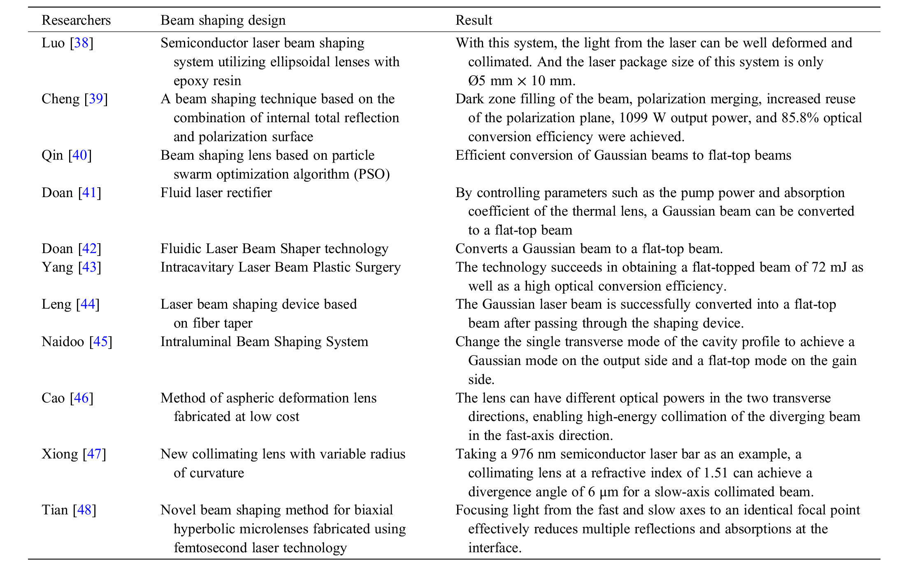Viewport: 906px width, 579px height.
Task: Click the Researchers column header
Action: point(76,20)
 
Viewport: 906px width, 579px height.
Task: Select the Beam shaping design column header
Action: point(223,20)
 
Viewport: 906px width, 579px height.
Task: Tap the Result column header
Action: point(474,20)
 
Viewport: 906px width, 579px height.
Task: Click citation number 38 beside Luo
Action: point(81,43)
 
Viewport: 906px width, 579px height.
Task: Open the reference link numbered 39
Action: point(96,99)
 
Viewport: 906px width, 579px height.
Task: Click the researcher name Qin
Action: point(52,155)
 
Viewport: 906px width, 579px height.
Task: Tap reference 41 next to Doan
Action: point(89,193)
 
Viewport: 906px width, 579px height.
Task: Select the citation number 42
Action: point(89,249)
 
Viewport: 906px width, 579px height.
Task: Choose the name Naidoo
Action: point(63,342)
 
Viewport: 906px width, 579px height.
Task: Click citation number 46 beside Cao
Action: point(81,398)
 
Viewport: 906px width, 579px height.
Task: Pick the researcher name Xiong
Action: point(60,454)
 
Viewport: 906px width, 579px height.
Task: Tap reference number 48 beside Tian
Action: point(84,510)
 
